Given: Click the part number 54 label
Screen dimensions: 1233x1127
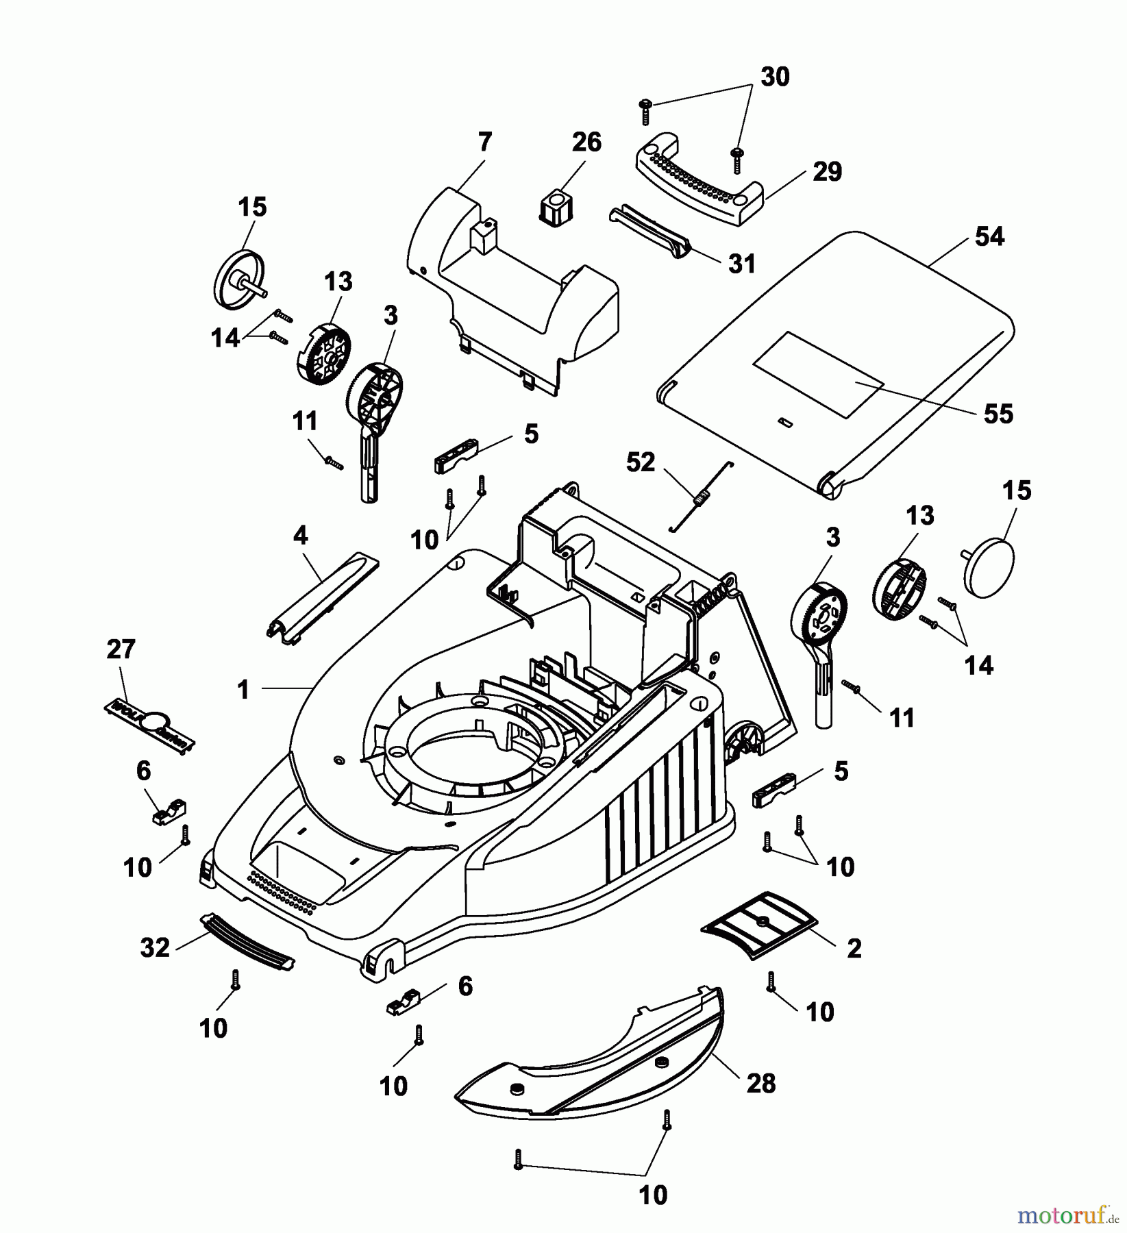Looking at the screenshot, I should [989, 237].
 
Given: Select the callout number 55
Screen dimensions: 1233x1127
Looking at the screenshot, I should [998, 414].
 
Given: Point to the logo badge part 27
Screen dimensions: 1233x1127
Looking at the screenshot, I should [149, 723].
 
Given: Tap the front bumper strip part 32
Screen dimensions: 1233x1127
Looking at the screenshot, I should [249, 943].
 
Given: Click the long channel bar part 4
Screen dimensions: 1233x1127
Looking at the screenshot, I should [322, 597].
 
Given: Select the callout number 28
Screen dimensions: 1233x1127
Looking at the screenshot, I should [761, 1083].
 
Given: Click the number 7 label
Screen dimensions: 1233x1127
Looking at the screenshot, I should [484, 142].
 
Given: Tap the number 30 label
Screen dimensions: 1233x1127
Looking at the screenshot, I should [775, 77].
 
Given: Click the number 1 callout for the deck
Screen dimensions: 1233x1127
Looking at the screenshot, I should [243, 689].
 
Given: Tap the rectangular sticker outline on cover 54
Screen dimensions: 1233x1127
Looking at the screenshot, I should [818, 375].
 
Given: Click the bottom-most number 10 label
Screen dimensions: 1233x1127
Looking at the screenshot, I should [652, 1195].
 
